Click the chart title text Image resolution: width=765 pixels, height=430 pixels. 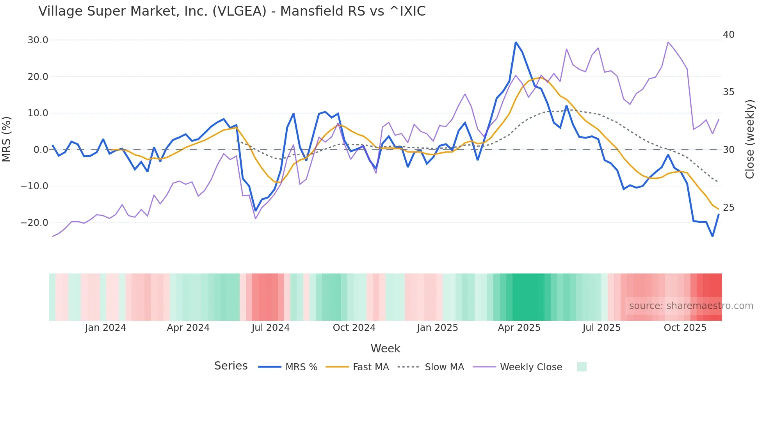(x=232, y=11)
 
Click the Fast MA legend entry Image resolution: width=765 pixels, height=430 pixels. (x=358, y=367)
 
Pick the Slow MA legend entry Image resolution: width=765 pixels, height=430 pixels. (x=431, y=367)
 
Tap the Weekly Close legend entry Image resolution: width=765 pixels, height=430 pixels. (x=518, y=367)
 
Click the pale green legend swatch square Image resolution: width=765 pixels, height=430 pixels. (x=582, y=367)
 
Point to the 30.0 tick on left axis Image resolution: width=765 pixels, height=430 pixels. (x=38, y=40)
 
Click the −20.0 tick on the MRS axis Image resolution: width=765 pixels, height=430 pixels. (x=34, y=223)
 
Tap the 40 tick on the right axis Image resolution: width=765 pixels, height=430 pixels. (x=729, y=35)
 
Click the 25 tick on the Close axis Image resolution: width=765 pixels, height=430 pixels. (x=729, y=208)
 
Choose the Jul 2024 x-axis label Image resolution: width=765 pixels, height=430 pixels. (x=270, y=328)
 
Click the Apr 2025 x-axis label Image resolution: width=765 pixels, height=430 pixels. (x=519, y=328)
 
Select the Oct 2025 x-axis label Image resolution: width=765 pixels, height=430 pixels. (x=685, y=328)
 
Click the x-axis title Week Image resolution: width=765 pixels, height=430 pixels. (x=385, y=348)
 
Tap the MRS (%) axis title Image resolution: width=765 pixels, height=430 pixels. (x=7, y=139)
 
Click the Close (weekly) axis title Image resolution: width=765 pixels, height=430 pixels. (x=749, y=139)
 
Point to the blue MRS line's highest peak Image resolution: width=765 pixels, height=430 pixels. (x=516, y=42)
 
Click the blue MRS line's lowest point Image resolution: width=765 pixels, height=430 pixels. (x=712, y=236)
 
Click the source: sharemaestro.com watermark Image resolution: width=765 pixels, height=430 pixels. (x=691, y=306)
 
